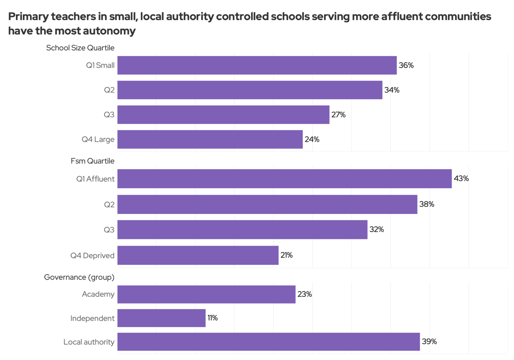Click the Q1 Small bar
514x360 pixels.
(257, 65)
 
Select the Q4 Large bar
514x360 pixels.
(210, 139)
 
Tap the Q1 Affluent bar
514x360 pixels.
(284, 179)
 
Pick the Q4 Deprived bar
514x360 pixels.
(198, 255)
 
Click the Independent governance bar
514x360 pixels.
(161, 318)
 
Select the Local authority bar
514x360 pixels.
(268, 342)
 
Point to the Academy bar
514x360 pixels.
(206, 294)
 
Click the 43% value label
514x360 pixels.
(461, 179)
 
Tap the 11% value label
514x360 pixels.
(213, 318)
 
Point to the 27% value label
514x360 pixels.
(338, 115)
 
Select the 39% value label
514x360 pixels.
(429, 341)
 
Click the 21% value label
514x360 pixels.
(287, 255)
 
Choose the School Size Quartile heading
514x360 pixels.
(80, 48)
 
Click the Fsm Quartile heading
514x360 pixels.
(92, 161)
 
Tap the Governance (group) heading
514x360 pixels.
(79, 277)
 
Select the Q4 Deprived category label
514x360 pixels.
(92, 256)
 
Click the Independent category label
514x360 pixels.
(92, 318)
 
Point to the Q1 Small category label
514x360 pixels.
(100, 65)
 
